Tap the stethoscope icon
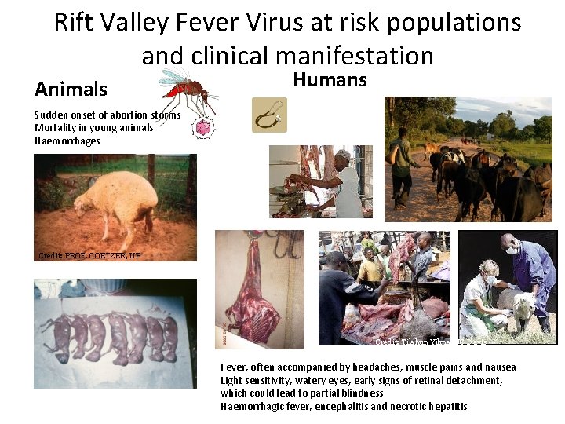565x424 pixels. pos(269,115)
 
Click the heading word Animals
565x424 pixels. pos(71,89)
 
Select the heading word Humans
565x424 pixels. pos(330,79)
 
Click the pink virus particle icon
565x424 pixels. pos(204,127)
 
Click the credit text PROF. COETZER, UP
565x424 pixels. pos(89,255)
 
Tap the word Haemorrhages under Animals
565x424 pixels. pos(67,141)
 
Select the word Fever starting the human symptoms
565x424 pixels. pos(234,367)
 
